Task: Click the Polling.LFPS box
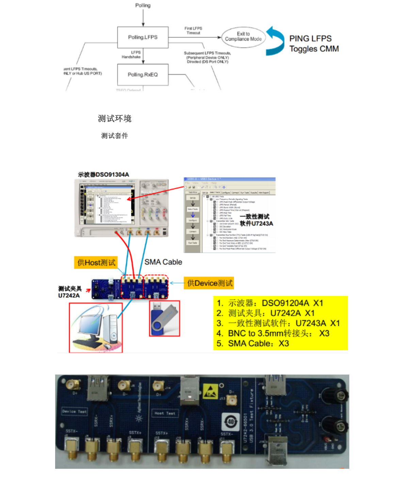coord(143,37)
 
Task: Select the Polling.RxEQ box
coord(143,75)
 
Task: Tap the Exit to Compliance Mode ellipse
coord(243,37)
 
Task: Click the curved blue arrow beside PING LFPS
coord(275,41)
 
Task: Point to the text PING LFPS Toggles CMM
coord(314,44)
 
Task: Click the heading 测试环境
coord(114,119)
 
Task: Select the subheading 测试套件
coord(114,136)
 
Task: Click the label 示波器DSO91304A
coord(103,175)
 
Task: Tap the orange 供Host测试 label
coord(96,263)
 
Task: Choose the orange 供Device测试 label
coord(209,283)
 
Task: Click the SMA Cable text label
coord(163,262)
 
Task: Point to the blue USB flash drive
coord(164,318)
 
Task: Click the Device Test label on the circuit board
coord(74,411)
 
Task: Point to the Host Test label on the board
coord(165,413)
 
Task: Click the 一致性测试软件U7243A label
coord(256,220)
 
